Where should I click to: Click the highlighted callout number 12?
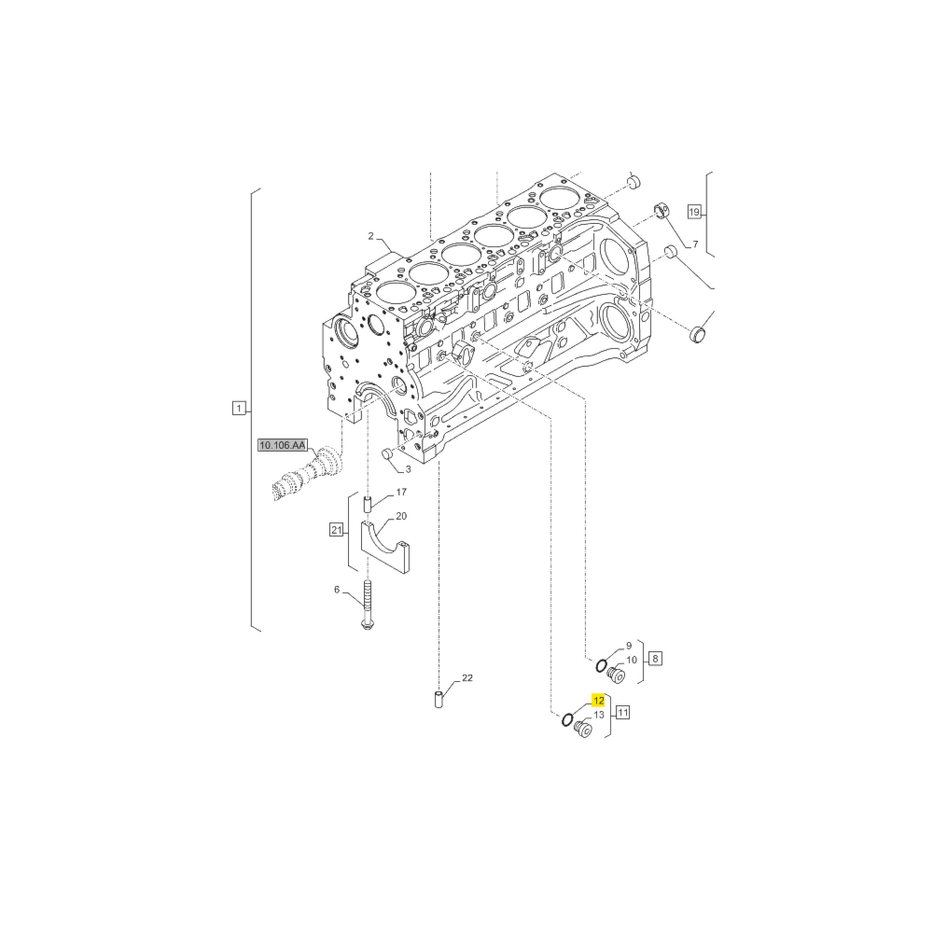[598, 701]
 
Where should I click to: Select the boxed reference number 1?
[239, 409]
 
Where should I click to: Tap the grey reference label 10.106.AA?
[282, 445]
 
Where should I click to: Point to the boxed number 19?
[694, 211]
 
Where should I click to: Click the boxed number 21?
[337, 530]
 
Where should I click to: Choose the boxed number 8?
[655, 659]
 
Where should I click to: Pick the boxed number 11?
[623, 712]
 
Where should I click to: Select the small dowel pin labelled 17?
[368, 504]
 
